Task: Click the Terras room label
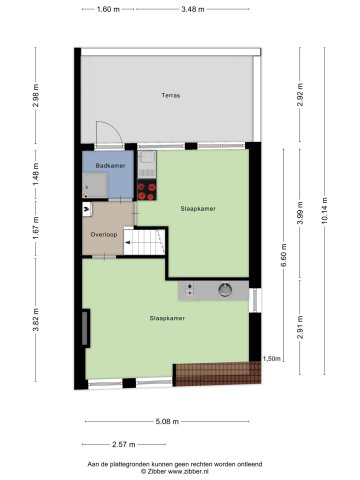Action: [x=171, y=95]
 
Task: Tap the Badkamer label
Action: [x=110, y=166]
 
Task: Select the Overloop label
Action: [x=104, y=235]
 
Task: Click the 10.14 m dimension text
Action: [x=325, y=211]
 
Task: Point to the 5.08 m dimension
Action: [x=167, y=422]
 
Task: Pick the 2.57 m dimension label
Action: [x=124, y=444]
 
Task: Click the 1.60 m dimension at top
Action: [x=108, y=9]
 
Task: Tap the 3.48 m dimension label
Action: [x=193, y=9]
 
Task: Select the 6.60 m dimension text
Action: [x=284, y=255]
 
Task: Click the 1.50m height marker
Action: [x=271, y=359]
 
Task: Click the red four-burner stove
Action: [x=147, y=190]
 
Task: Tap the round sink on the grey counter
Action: [x=225, y=290]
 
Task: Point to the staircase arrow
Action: [x=128, y=243]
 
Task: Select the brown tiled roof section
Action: [x=218, y=374]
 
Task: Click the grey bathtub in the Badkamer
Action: [x=95, y=185]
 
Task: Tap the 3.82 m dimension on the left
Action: [x=36, y=320]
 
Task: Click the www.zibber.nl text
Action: [x=188, y=471]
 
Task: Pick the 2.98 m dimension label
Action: [x=36, y=95]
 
